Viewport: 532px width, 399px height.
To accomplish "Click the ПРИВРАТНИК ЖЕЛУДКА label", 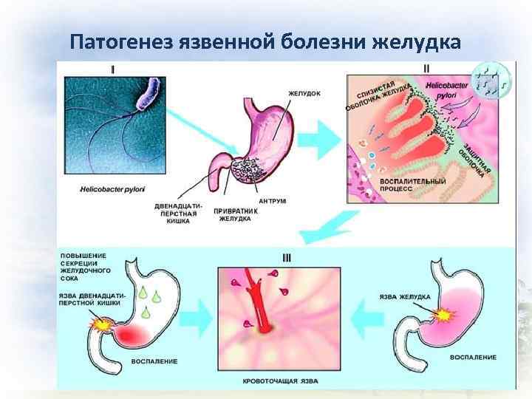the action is [x=235, y=214].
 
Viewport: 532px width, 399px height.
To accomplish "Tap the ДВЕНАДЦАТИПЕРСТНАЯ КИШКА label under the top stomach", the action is [x=176, y=212].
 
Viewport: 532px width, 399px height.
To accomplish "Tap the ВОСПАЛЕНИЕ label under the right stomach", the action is [x=472, y=357].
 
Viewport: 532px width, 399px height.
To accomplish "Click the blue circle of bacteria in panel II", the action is [x=487, y=81].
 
